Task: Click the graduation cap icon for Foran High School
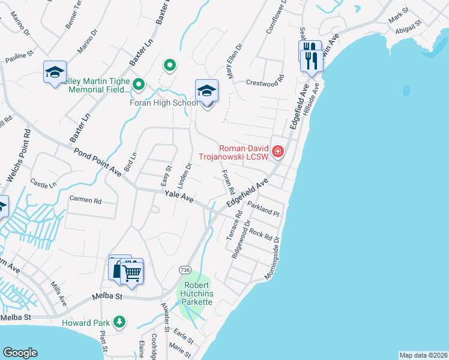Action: pyautogui.click(x=206, y=91)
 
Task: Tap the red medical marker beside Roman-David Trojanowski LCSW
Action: pyautogui.click(x=277, y=151)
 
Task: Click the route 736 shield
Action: pyautogui.click(x=184, y=271)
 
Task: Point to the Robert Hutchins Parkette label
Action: pyautogui.click(x=197, y=293)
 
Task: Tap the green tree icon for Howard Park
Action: pyautogui.click(x=119, y=322)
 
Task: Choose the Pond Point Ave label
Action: pyautogui.click(x=98, y=161)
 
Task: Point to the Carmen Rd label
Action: pyautogui.click(x=85, y=200)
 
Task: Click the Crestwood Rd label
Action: pyautogui.click(x=265, y=83)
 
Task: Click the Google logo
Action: pyautogui.click(x=19, y=352)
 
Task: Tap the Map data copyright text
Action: pyautogui.click(x=423, y=355)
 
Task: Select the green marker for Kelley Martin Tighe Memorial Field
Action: pyautogui.click(x=139, y=85)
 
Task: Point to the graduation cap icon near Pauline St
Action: pyautogui.click(x=55, y=72)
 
